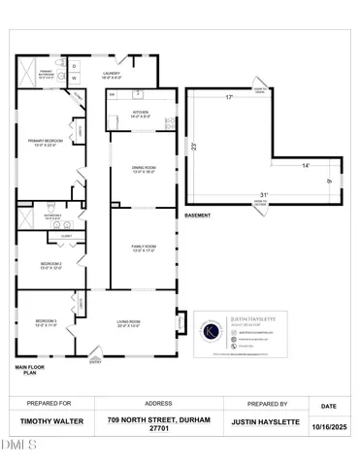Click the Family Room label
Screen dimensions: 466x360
pyautogui.click(x=144, y=249)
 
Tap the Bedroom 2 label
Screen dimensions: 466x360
pyautogui.click(x=51, y=265)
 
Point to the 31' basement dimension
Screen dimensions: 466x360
pyautogui.click(x=264, y=196)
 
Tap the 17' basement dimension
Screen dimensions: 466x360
pyautogui.click(x=229, y=98)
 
